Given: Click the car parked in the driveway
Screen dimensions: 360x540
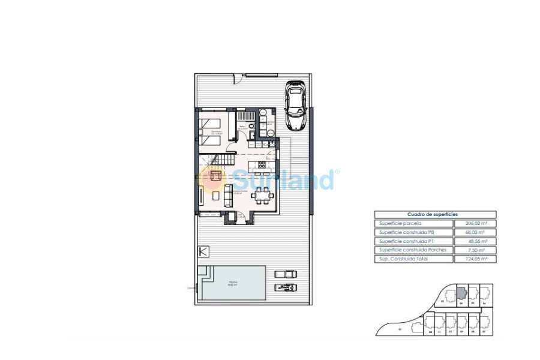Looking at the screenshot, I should point(296,106).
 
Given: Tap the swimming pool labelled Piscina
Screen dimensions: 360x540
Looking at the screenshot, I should point(233,283).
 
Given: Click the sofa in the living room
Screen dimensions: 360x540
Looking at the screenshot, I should point(228,195).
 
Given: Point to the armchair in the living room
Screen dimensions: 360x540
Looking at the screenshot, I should point(215,175).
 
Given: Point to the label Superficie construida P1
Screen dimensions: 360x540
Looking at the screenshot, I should point(406,241).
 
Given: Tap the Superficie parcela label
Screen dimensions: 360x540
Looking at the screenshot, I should point(397,223).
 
